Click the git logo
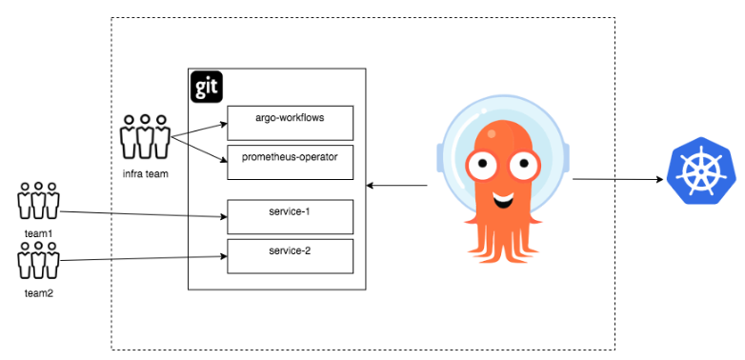pos(207,86)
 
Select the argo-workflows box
pos(290,123)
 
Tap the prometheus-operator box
pos(290,162)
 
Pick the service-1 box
pos(290,216)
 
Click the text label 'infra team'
pos(146,174)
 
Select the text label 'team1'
pos(38,232)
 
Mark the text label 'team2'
pos(38,293)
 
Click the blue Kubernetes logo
pos(700,171)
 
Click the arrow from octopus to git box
pos(396,184)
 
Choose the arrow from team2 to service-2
pos(143,257)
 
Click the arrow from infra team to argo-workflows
pos(200,130)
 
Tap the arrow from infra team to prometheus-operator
pos(200,148)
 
